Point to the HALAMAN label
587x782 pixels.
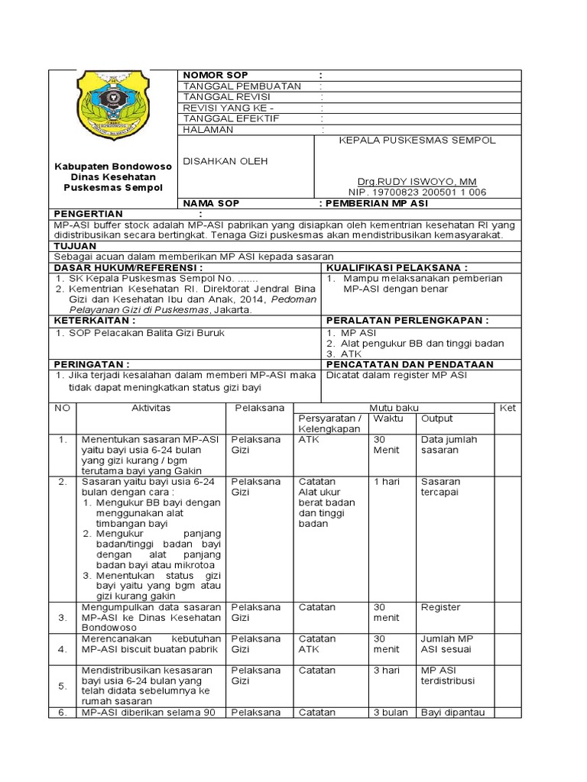tap(207, 130)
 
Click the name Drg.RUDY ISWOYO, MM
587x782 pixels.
tap(412, 181)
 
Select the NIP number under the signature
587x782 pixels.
tap(417, 192)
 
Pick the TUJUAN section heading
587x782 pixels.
tap(75, 247)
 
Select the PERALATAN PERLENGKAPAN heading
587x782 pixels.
tap(407, 322)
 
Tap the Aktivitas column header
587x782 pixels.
tap(151, 408)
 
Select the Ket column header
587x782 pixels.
tap(508, 409)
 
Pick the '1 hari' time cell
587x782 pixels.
tap(384, 482)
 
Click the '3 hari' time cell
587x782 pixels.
tap(385, 671)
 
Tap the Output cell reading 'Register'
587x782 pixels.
tap(440, 607)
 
